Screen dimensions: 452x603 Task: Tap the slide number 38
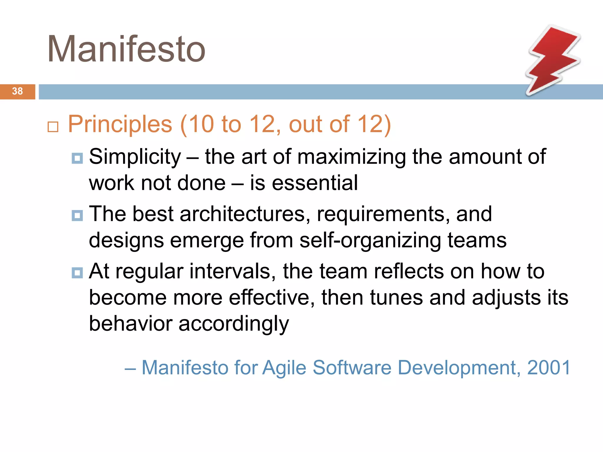[17, 91]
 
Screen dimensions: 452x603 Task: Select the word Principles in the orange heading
[120, 124]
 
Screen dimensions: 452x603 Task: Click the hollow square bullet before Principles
[53, 127]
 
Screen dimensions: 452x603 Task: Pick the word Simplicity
[135, 157]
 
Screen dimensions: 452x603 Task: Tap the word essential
[314, 183]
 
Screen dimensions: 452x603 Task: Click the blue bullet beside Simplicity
[77, 158]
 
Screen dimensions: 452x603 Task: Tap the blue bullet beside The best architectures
[77, 215]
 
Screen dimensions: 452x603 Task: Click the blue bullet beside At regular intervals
[77, 273]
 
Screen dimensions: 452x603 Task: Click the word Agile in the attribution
[284, 368]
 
